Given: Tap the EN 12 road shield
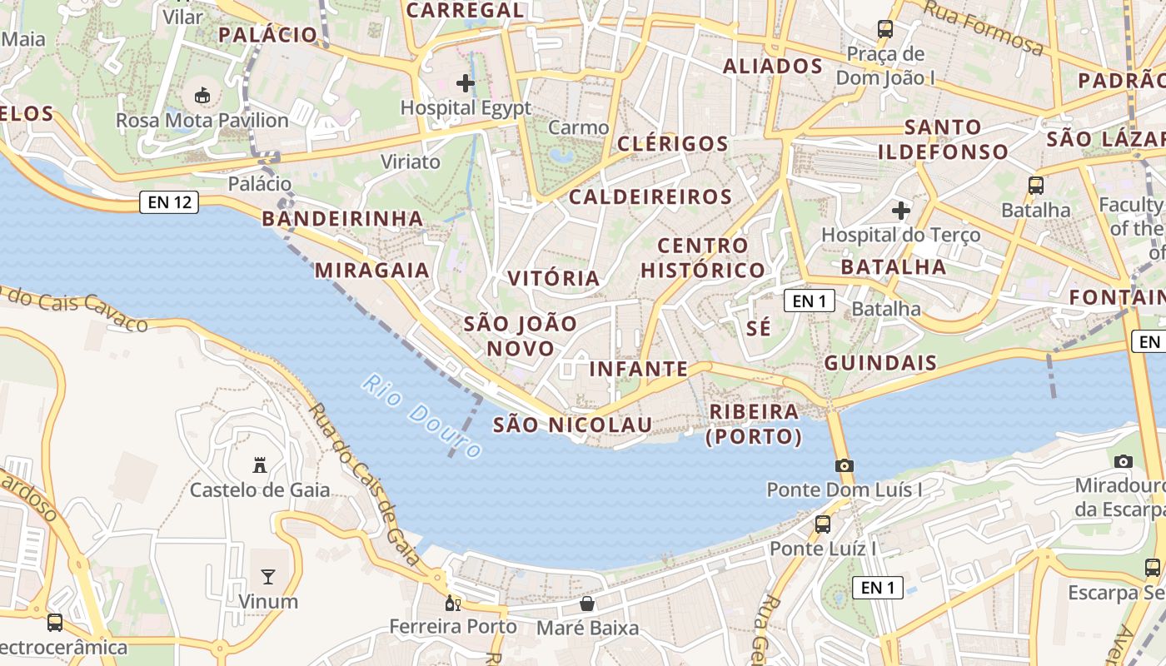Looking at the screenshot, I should tap(169, 201).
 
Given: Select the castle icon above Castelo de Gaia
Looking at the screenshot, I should tap(260, 465).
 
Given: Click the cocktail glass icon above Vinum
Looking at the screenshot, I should tap(268, 576).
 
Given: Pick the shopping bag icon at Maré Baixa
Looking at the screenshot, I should tap(587, 604).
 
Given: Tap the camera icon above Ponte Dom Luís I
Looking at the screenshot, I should tap(845, 465).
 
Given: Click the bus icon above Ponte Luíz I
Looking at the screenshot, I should tap(823, 524).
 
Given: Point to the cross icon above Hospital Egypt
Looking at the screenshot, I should tap(466, 83).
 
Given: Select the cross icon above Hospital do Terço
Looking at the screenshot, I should tap(901, 211).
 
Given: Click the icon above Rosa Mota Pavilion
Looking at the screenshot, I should tap(202, 96).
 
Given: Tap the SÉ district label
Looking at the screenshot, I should tap(759, 328).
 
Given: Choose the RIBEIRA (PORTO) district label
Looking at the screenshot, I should tap(754, 424).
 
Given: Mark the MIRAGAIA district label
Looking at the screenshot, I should tap(371, 270).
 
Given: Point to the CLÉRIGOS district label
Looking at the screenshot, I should tap(673, 143).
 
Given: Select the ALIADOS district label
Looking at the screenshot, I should tap(773, 67).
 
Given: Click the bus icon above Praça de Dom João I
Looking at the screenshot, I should tap(885, 29).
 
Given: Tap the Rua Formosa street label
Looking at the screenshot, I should tap(984, 27).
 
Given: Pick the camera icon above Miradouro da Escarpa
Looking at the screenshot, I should tap(1124, 461).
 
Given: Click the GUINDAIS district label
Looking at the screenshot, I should tap(880, 363).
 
